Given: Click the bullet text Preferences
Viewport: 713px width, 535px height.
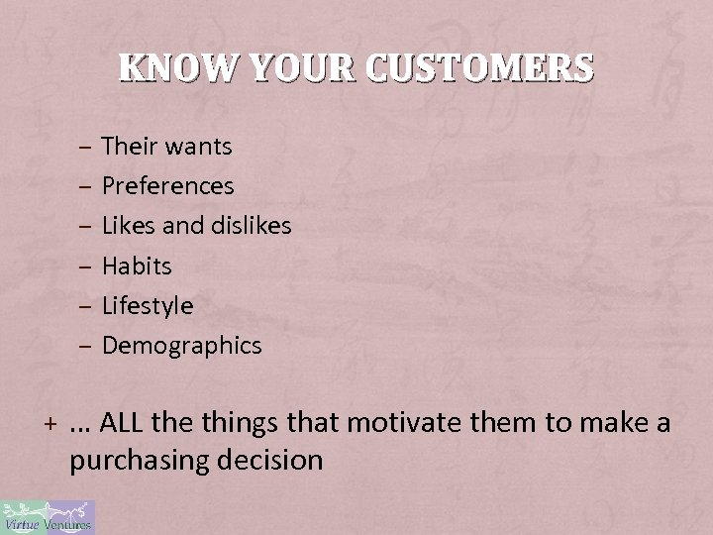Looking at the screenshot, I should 168,186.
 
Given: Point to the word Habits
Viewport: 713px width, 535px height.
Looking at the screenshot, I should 137,266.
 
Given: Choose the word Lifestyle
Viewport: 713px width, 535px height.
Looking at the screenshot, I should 148,305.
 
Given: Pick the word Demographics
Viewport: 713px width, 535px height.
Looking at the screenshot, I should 182,345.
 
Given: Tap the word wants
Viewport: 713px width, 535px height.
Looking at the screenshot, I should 199,148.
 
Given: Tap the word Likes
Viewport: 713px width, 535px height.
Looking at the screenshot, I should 126,226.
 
